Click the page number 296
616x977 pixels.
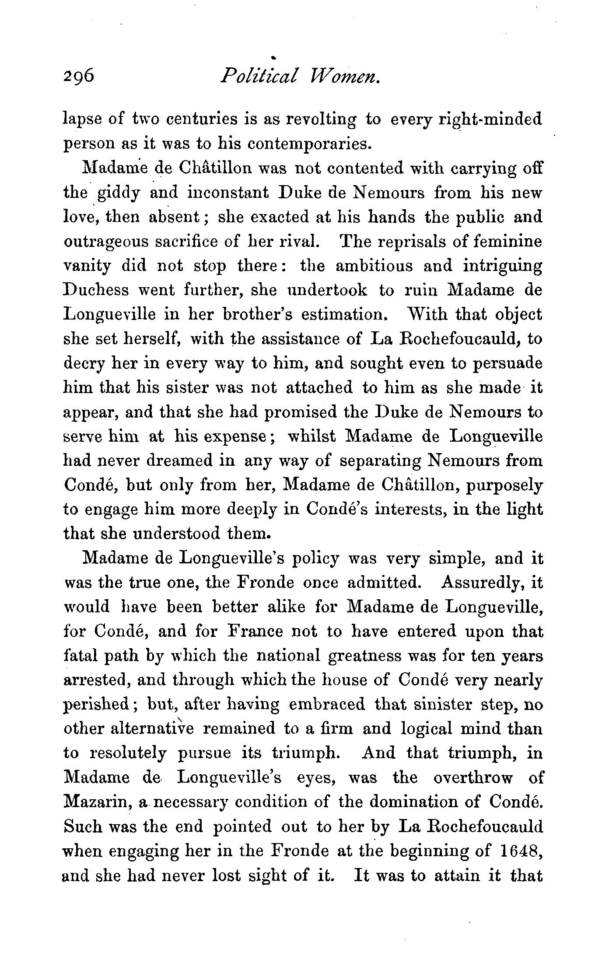78,77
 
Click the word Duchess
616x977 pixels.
97,290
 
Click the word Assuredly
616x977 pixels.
480,583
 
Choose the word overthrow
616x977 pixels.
473,778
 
